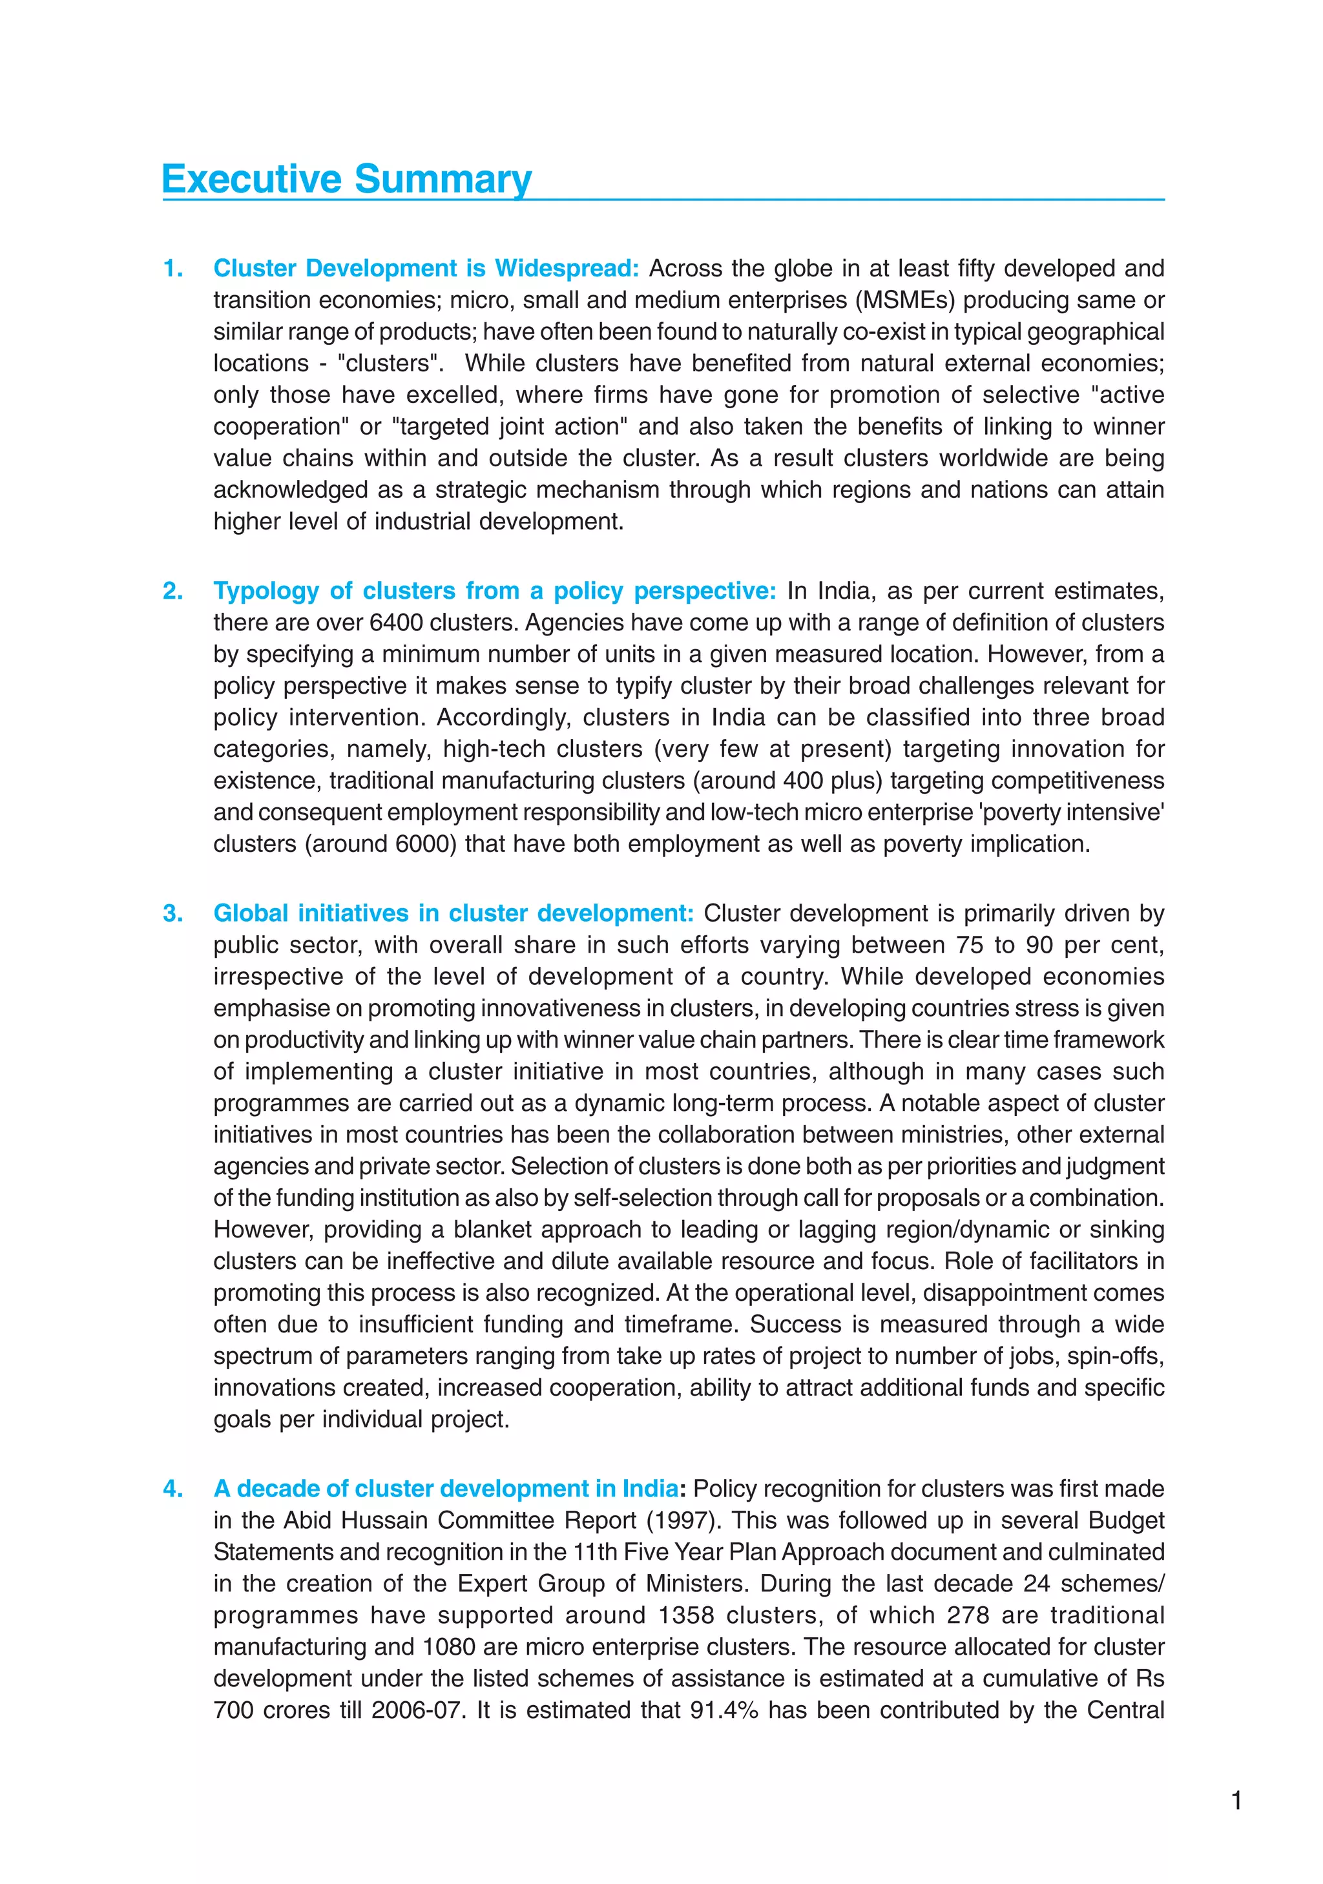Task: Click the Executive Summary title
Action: pos(346,179)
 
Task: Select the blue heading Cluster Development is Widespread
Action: pos(426,268)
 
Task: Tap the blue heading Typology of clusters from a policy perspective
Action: pos(494,591)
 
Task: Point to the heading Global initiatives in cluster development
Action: pos(453,913)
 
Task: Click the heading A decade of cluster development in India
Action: pos(446,1489)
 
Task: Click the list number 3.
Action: pos(172,913)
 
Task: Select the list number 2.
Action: pos(172,591)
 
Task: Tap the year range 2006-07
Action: pos(415,1710)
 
